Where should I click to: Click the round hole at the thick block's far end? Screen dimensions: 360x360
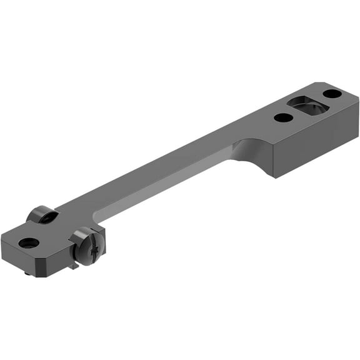click(332, 94)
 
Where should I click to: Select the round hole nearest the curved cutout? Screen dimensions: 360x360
click(282, 117)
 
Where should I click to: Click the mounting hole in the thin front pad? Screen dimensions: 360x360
click(29, 242)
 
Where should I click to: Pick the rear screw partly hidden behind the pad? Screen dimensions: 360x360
click(42, 215)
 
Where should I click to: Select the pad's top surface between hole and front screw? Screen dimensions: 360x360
click(56, 234)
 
